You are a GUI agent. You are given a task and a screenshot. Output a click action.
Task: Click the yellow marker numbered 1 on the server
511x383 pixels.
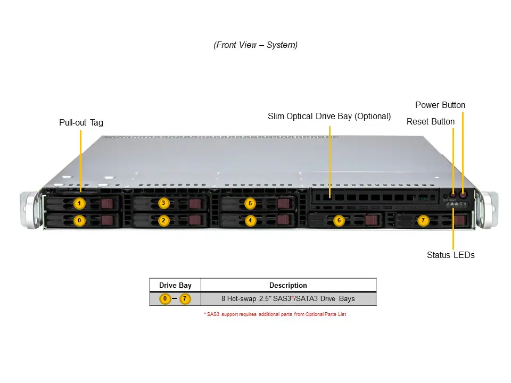(79, 203)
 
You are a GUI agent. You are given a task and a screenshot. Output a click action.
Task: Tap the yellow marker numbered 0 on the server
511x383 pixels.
(79, 220)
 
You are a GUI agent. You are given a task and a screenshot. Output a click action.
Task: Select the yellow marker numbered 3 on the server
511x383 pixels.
(163, 203)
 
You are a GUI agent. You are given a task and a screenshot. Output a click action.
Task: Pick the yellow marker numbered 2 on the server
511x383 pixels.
(163, 220)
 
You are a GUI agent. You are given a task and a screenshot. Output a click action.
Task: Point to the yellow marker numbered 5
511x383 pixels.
(250, 203)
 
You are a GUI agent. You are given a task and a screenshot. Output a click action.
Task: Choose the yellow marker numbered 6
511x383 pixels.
(338, 220)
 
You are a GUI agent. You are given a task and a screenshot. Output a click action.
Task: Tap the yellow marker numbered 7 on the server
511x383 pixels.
(423, 220)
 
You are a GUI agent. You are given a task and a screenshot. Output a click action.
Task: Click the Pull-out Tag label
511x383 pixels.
(81, 123)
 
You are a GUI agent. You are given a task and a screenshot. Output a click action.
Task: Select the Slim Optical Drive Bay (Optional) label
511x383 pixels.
(329, 116)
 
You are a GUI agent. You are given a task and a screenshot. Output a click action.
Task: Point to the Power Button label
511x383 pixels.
(440, 105)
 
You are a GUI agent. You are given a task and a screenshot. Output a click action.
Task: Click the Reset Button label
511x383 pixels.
(431, 122)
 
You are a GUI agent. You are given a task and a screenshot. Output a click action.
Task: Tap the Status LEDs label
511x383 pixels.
(450, 255)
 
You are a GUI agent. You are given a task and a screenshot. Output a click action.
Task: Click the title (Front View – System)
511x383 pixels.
(256, 45)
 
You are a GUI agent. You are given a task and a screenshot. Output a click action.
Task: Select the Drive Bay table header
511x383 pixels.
(175, 286)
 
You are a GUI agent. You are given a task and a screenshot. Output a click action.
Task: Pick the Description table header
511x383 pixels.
(288, 286)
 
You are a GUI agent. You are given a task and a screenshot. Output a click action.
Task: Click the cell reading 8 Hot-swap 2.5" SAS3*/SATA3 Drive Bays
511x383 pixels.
(288, 299)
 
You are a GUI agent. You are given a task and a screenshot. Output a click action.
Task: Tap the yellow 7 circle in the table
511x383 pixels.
(185, 299)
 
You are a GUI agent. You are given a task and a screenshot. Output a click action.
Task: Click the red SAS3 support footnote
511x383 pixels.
(275, 314)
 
